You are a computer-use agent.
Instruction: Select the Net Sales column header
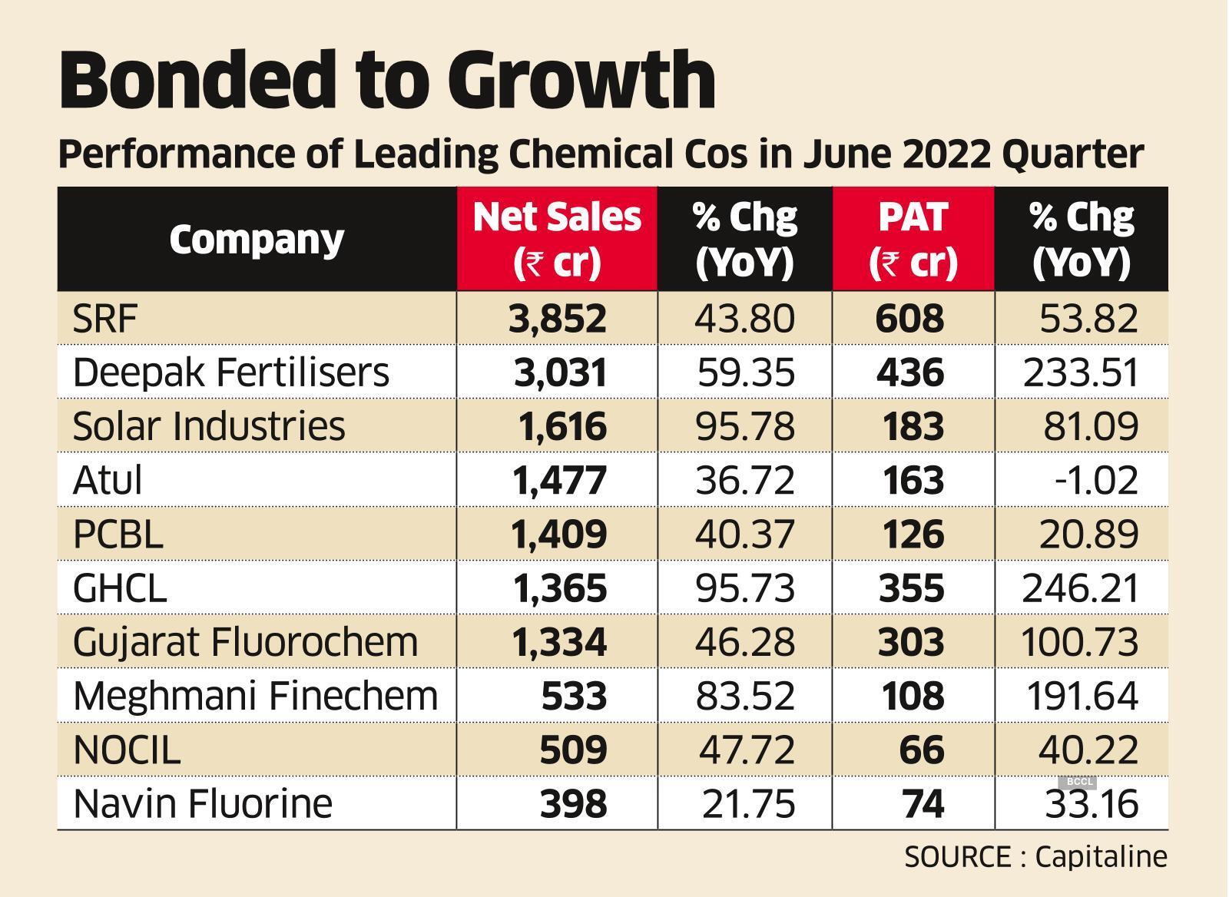pos(557,239)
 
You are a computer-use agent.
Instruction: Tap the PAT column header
pos(913,239)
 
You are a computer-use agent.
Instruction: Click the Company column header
pos(257,240)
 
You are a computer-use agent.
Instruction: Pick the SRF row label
pos(105,318)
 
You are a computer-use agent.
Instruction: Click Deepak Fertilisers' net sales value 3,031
pos(560,372)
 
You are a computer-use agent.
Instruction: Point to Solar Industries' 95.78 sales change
pos(744,426)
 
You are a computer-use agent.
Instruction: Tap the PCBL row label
pos(118,535)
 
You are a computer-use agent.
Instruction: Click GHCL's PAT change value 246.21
pos(1080,589)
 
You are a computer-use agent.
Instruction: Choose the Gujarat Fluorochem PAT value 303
pos(910,643)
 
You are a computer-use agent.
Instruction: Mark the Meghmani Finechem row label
pos(255,697)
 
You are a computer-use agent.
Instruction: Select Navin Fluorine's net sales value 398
pos(574,804)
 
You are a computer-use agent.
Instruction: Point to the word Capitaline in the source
pos(1101,856)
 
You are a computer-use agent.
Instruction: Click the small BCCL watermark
pos(1079,782)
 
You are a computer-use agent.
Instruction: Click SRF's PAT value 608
pos(910,318)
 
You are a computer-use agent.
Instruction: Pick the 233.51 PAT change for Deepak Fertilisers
pos(1080,372)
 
